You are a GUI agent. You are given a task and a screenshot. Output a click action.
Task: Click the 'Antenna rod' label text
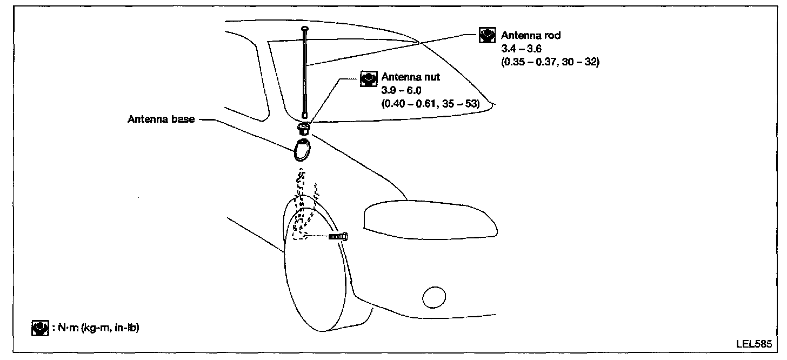pos(531,36)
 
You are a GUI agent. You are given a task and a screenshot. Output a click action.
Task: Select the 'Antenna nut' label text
pos(411,77)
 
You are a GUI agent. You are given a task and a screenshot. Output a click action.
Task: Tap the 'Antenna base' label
pos(161,119)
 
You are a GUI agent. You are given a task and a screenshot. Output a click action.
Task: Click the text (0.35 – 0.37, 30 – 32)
pos(551,62)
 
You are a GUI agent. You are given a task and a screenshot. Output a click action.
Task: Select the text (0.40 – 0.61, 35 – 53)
pos(431,103)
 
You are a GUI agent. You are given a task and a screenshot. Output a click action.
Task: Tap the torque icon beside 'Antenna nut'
pos(368,78)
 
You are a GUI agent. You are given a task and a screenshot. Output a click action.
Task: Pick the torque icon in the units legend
pos(39,328)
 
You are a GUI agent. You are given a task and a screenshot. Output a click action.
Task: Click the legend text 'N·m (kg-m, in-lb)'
pos(98,328)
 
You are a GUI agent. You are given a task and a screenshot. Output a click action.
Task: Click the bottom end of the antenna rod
pos(305,115)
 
